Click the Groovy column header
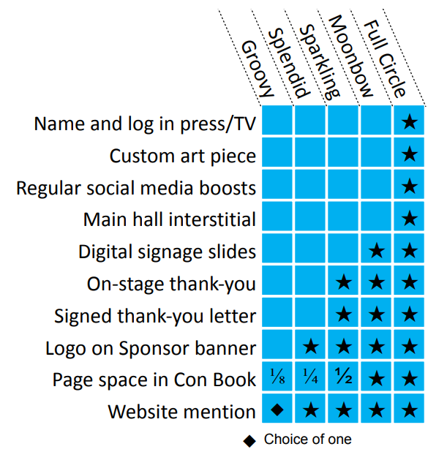pos(258,69)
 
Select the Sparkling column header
pos(320,62)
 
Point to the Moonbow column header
pos(350,56)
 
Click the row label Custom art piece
pos(183,157)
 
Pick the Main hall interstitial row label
pos(170,219)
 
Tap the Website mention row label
pos(181,411)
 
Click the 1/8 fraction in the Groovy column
pos(277,377)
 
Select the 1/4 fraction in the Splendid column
pos(311,376)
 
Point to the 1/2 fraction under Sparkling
pos(344,376)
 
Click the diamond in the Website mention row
pos(277,410)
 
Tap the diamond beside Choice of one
pos(249,441)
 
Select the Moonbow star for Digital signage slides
pos(377,251)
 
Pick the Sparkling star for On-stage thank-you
pos(344,282)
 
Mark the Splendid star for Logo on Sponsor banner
pos(311,346)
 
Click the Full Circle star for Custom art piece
pos(410,154)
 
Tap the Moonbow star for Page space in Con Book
pos(377,378)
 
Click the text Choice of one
pos(308,440)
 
